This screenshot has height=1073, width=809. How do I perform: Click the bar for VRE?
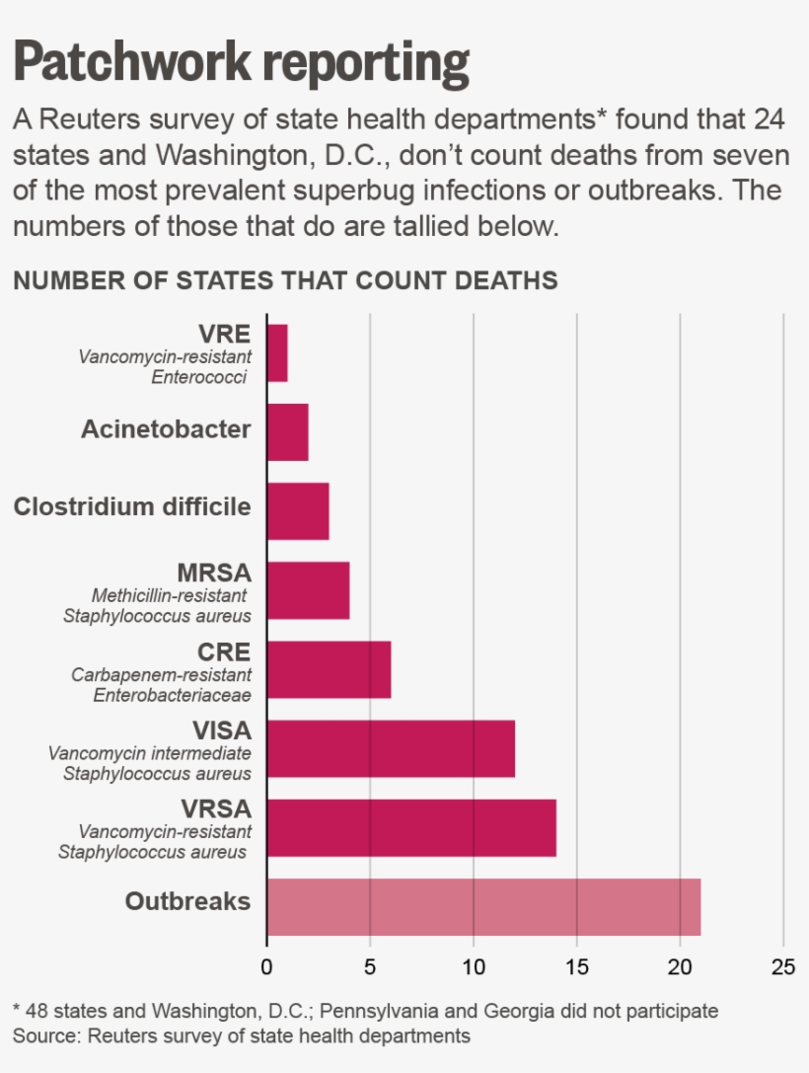(277, 352)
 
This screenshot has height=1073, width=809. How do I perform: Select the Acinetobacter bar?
(287, 431)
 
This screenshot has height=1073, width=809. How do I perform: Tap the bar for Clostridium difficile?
(298, 510)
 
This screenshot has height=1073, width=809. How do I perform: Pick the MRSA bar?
(308, 589)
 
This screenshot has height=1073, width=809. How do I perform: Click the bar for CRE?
(329, 668)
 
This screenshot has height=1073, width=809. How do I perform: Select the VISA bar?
(391, 748)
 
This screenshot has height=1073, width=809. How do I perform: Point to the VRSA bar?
(411, 827)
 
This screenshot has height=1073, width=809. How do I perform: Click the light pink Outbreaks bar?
(483, 906)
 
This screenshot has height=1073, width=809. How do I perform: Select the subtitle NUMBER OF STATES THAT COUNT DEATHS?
(285, 280)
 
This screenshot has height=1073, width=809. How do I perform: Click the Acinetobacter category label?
(166, 429)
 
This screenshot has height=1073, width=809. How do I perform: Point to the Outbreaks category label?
(187, 901)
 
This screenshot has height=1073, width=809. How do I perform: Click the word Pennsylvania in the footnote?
(376, 1011)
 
